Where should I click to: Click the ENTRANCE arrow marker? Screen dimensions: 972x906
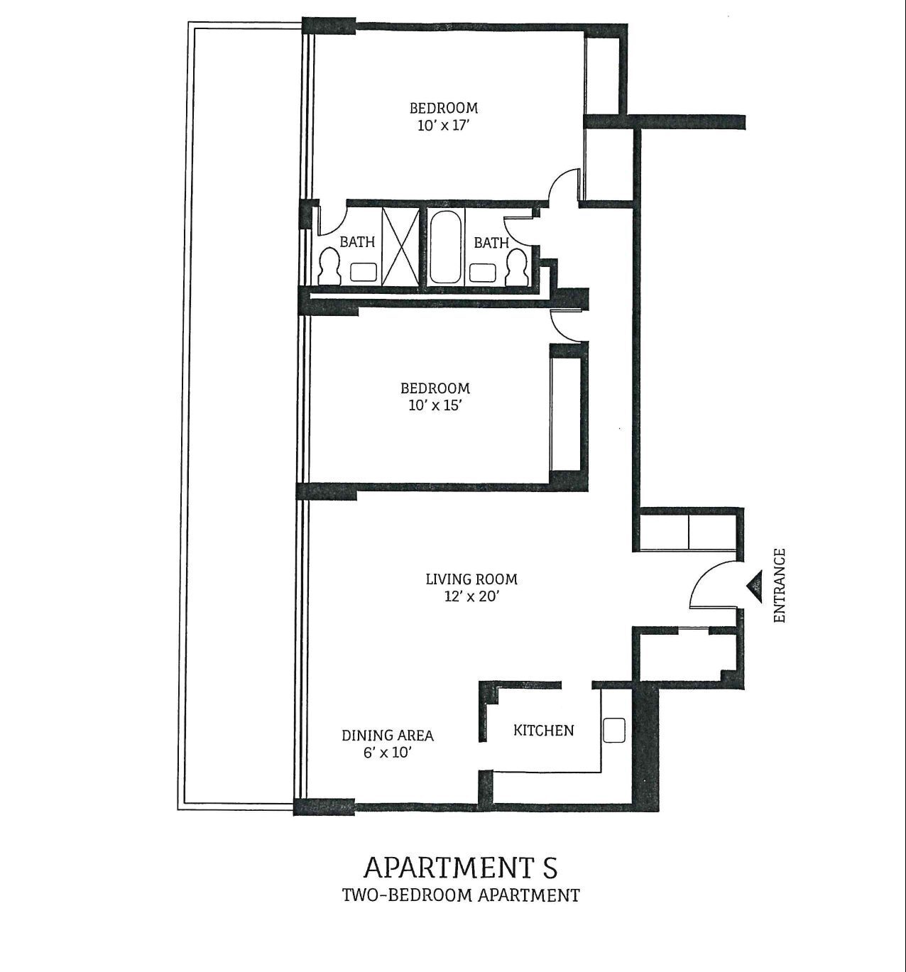tap(753, 586)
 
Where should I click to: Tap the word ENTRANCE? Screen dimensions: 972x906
tap(780, 586)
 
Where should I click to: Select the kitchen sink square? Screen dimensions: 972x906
tap(613, 730)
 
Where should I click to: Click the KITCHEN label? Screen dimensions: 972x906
tap(543, 730)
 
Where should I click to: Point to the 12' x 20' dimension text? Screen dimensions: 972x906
tap(471, 596)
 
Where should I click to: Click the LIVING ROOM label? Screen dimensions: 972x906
tap(471, 579)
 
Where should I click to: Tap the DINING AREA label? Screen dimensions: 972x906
tap(387, 736)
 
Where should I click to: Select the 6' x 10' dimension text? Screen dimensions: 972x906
tap(387, 753)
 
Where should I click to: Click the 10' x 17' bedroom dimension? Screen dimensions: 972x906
tap(443, 126)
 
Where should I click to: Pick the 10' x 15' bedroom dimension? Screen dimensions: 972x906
tap(435, 405)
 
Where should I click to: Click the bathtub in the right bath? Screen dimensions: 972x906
tap(444, 247)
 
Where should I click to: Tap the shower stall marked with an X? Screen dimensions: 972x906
tap(402, 247)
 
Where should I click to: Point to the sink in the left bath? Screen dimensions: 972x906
tap(364, 272)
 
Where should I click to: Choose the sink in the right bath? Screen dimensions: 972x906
tap(484, 272)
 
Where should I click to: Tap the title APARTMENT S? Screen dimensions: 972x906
tap(460, 867)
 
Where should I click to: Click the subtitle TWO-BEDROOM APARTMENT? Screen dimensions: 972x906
tap(460, 895)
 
